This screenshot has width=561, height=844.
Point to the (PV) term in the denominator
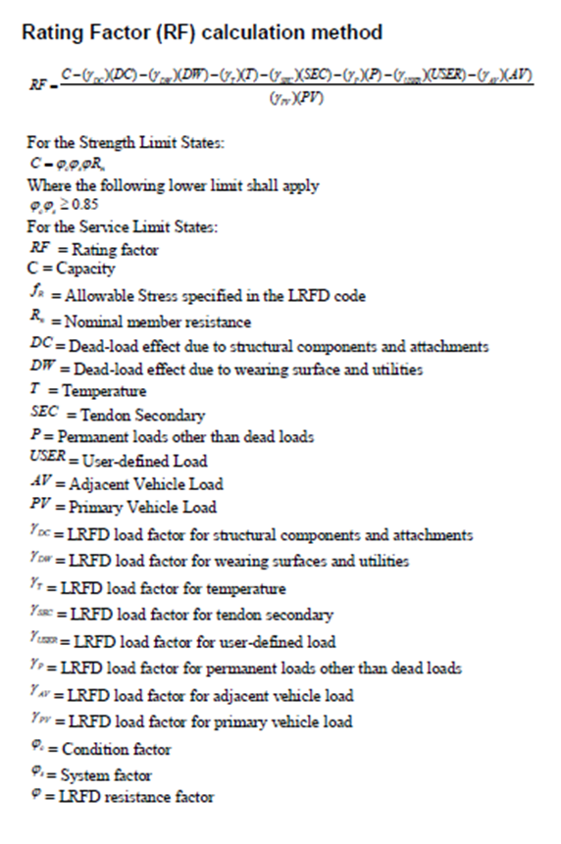(x=311, y=98)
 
